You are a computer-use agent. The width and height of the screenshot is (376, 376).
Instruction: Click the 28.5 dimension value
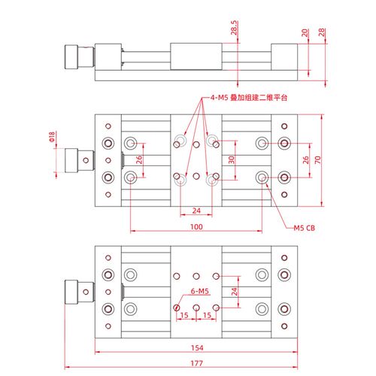click(x=234, y=28)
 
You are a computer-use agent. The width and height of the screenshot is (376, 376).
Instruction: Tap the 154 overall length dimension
click(x=197, y=347)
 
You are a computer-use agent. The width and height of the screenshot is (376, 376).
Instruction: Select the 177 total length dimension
click(x=197, y=363)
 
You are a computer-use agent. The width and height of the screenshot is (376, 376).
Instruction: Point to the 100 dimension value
click(x=196, y=227)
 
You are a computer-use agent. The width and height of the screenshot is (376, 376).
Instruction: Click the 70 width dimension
click(x=317, y=159)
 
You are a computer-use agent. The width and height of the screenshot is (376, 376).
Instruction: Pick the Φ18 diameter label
click(x=52, y=137)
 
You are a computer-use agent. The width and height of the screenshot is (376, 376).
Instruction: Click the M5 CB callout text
click(x=305, y=228)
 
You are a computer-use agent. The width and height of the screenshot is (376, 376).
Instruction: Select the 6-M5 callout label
click(x=199, y=291)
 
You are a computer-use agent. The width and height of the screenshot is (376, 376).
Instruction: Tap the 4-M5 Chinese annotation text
click(x=249, y=98)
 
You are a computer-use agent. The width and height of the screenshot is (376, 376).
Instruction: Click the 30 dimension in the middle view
click(x=232, y=159)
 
